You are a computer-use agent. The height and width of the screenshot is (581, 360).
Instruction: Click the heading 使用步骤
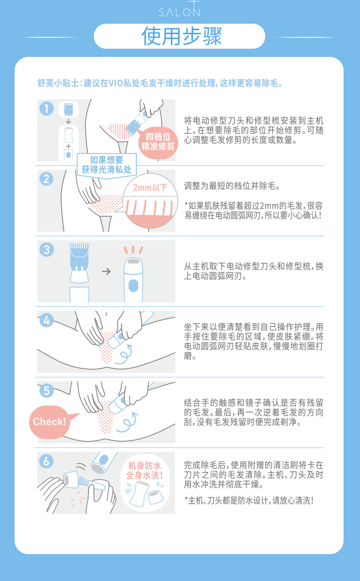coord(181,36)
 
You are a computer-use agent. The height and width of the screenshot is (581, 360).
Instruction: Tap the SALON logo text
coord(180,12)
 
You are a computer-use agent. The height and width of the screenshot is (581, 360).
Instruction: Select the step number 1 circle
coord(47,108)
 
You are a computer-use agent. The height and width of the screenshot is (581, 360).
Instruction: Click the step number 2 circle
coord(46,179)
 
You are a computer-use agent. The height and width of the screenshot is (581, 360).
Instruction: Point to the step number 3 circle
coord(46,250)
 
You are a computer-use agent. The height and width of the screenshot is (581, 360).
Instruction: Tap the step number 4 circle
coord(46,320)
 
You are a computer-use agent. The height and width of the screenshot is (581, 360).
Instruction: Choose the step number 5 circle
coord(46,391)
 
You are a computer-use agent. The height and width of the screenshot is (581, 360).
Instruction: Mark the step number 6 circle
coord(46,461)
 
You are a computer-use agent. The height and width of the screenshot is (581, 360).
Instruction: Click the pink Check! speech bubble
coord(51,422)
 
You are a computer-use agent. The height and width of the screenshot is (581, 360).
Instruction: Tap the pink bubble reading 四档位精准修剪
coord(158,143)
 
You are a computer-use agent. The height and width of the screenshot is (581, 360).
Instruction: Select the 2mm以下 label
coord(150,187)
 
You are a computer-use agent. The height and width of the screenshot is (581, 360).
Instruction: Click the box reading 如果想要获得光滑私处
coord(107,165)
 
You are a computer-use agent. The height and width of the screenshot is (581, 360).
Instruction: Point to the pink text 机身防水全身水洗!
coord(144,470)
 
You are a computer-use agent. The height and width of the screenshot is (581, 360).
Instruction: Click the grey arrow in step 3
coord(107,271)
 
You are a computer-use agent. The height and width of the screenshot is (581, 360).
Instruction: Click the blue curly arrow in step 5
coord(127,422)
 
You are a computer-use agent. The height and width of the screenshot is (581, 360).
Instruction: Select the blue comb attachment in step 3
coord(79,257)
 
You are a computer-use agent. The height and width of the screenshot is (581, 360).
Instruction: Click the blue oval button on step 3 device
coord(133,285)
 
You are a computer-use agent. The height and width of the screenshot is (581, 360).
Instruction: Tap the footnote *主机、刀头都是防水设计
coord(249,500)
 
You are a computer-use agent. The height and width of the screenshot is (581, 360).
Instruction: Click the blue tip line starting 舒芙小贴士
coord(160,83)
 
